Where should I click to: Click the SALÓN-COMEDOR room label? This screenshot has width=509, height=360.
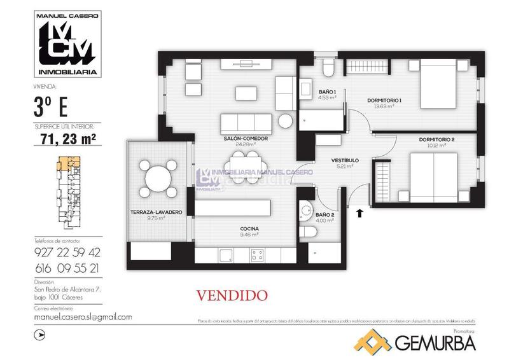[x=244, y=138]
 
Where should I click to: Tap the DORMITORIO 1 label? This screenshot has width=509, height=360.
[x=384, y=100]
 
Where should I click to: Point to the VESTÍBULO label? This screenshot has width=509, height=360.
[x=345, y=160]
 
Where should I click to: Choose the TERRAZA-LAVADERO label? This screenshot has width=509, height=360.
[x=156, y=212]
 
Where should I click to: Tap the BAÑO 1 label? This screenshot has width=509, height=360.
[x=328, y=92]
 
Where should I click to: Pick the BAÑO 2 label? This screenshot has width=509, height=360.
[x=324, y=215]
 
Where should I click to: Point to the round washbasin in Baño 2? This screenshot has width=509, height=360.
[x=307, y=209]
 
